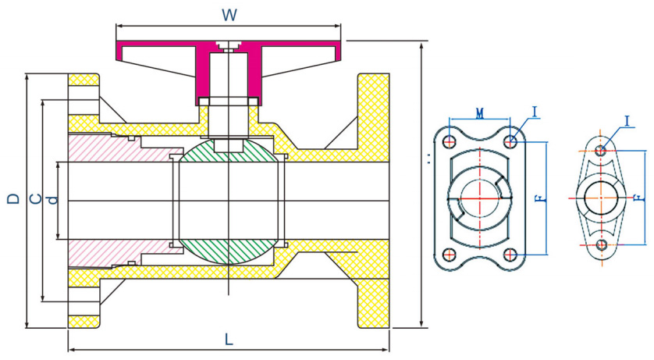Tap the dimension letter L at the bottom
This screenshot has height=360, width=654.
pos(229,340)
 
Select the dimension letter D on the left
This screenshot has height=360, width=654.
pos(13,199)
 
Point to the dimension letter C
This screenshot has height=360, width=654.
pos(35,199)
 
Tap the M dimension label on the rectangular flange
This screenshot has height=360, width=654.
pos(479,113)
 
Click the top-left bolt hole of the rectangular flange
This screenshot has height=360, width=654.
pos(449,141)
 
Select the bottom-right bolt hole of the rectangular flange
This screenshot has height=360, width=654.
pos(510,255)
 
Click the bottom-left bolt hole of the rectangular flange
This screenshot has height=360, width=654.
pos(449,255)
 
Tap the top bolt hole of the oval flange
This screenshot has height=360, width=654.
pos(600,150)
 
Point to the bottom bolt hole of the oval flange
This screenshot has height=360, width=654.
pos(600,245)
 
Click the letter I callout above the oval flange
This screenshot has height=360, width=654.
pos(627,120)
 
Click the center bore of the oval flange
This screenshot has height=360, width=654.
pos(600,198)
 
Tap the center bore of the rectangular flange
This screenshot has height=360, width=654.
pos(479,198)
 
